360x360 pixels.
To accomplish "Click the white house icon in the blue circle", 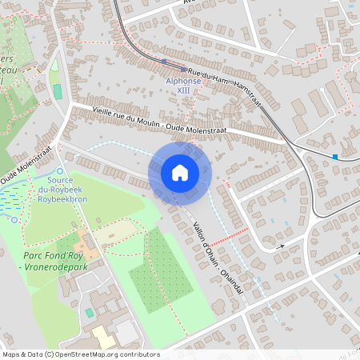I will tap(180, 173).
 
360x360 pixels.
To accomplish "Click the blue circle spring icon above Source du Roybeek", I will tap(60, 170).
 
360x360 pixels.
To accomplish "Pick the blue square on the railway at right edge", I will tap(334, 156).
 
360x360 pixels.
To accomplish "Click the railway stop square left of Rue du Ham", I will tap(163, 61).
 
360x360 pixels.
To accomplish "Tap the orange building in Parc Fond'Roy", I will tap(84, 239).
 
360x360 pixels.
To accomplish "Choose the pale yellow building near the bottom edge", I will tap(103, 337).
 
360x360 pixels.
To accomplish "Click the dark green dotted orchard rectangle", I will tap(161, 272).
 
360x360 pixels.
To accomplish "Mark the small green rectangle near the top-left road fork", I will tap(58, 91).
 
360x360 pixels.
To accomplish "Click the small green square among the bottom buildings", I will tap(89, 311).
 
